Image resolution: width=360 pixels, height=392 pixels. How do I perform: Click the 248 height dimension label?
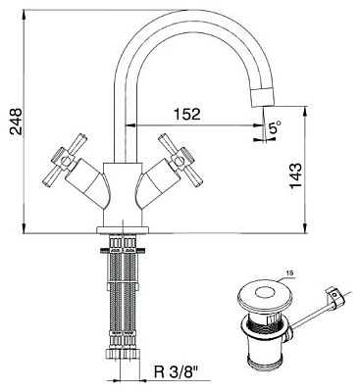point(16,122)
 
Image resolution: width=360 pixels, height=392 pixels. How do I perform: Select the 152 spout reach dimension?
point(186,114)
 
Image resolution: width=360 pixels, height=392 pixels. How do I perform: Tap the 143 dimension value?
point(296,175)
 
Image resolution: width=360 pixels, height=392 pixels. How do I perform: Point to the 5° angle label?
point(275,126)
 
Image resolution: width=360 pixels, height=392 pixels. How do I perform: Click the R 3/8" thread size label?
point(176,371)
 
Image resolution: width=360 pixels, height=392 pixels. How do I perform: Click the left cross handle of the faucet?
point(66,160)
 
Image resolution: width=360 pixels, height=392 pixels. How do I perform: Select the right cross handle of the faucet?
point(180,160)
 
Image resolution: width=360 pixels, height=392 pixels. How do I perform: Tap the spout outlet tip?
point(262,97)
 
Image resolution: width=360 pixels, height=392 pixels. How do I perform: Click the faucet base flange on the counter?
point(123,230)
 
